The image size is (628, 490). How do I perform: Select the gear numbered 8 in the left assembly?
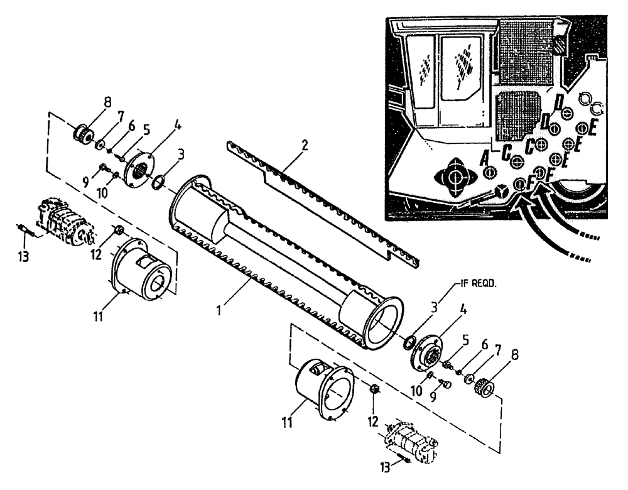coord(82,134)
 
